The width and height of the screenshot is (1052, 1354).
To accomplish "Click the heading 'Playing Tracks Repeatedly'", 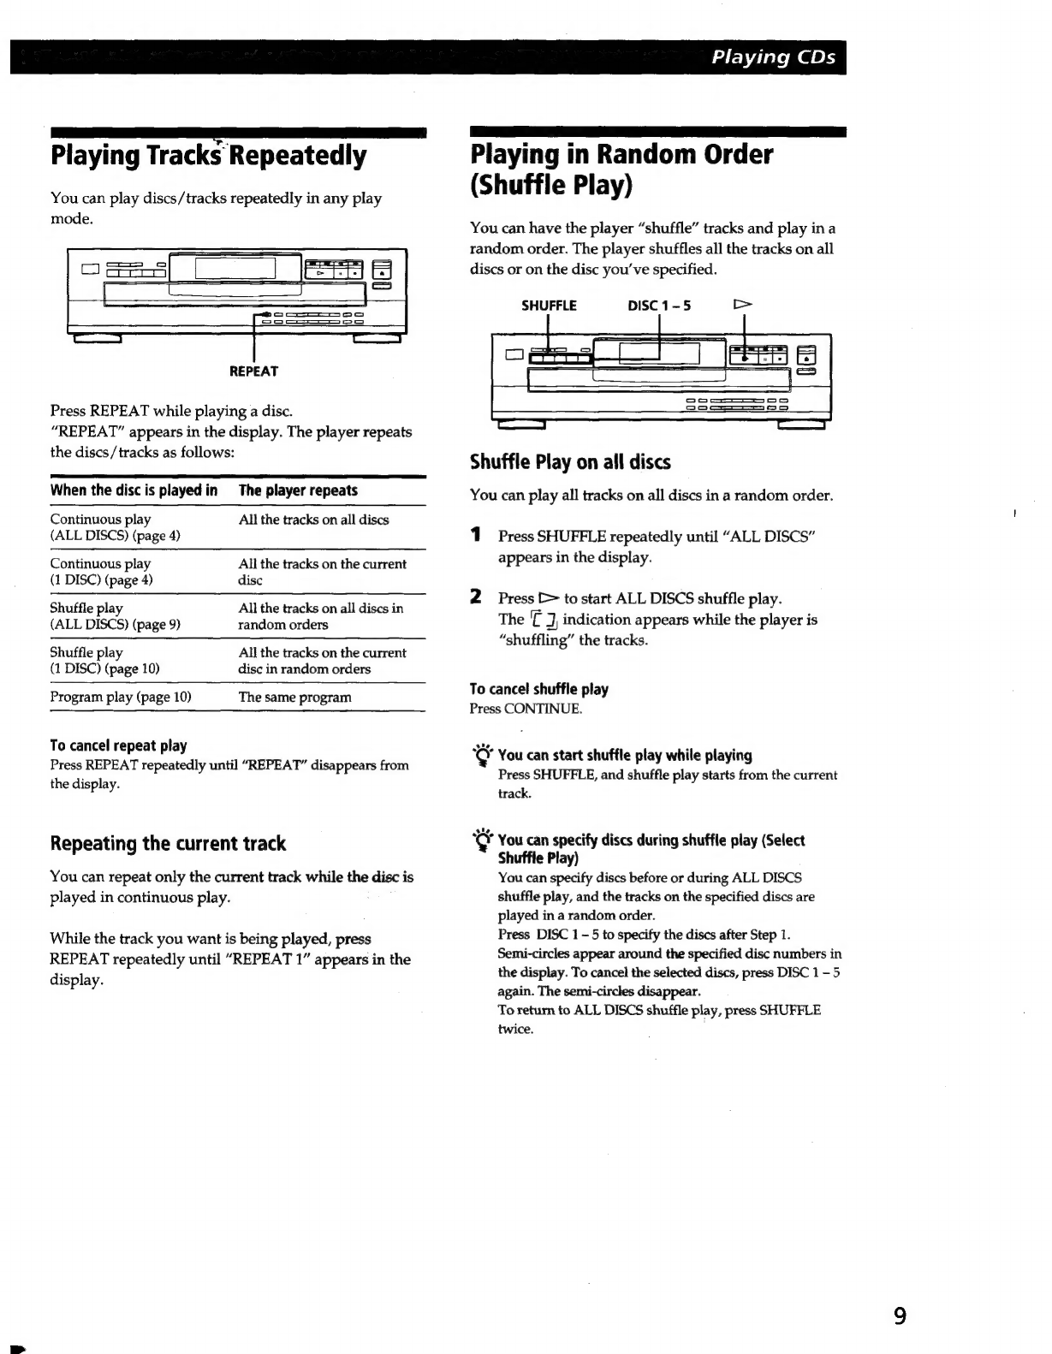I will click(208, 156).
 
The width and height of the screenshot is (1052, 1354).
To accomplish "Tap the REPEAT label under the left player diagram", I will click(253, 371).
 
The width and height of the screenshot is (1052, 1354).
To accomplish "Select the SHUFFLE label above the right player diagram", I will click(549, 306).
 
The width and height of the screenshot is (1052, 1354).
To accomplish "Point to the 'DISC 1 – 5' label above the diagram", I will click(659, 306).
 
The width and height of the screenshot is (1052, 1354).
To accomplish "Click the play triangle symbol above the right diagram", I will click(743, 305).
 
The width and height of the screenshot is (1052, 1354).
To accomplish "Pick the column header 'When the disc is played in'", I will click(134, 490).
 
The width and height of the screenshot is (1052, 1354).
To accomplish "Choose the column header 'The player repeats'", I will click(298, 490).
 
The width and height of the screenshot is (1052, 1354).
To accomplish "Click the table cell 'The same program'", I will click(294, 697).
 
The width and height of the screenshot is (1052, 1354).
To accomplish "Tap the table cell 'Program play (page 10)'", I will click(121, 697).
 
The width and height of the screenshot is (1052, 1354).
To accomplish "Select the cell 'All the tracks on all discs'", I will click(313, 520).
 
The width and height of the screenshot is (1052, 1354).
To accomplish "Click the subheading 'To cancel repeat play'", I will click(118, 745).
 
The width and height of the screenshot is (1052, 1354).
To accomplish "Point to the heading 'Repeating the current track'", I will click(168, 844).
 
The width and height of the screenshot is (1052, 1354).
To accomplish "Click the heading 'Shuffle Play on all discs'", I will click(570, 462).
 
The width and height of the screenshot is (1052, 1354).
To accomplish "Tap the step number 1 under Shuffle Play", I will click(474, 536).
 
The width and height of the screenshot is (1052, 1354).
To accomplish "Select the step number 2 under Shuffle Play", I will click(475, 597).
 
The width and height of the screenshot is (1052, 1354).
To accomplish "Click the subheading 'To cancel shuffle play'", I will click(539, 689).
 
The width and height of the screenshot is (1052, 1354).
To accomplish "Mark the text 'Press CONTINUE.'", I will click(526, 709).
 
